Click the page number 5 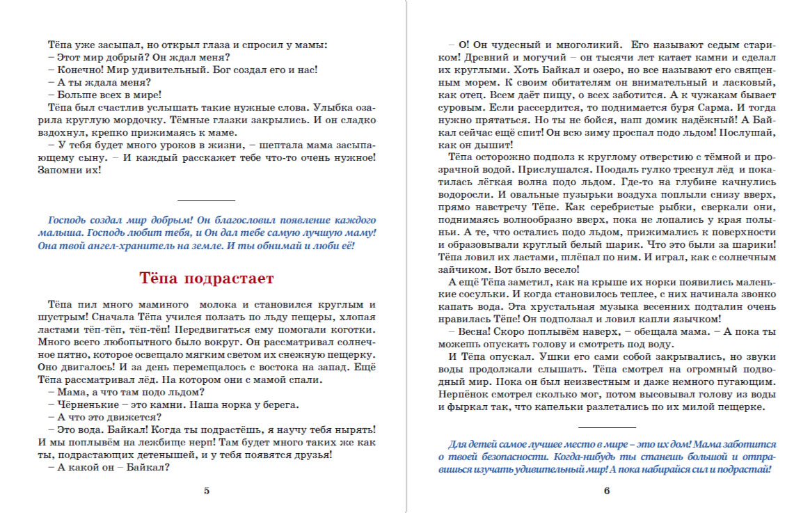(207, 491)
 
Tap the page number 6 (607, 491)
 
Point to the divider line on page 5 (207, 200)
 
